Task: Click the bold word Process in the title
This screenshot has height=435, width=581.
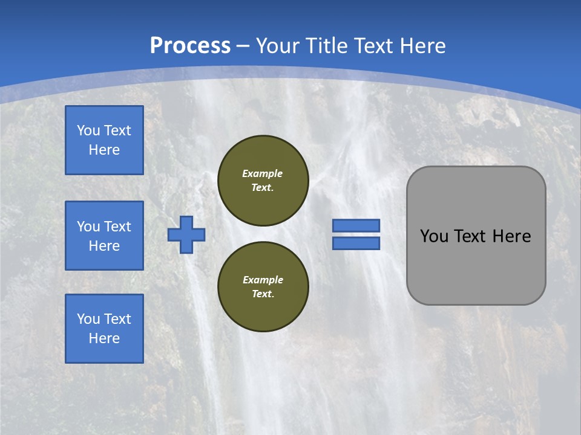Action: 190,46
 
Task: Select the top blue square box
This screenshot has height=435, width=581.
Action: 104,140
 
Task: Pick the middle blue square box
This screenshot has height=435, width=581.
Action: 104,236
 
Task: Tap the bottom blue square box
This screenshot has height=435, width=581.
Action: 104,329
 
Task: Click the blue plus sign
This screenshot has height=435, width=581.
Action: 186,234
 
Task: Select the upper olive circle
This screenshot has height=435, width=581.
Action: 263,181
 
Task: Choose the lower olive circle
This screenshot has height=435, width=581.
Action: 263,287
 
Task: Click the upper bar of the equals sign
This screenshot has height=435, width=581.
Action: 356,225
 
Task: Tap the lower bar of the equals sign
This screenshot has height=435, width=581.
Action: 356,243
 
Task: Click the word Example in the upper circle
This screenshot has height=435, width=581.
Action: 263,173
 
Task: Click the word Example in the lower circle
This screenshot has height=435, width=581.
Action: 263,280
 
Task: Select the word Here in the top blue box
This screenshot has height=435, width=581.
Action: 104,150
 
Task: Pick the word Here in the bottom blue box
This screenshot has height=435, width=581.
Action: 104,338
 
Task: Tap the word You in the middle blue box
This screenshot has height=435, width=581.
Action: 88,227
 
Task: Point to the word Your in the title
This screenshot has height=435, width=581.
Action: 278,46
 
